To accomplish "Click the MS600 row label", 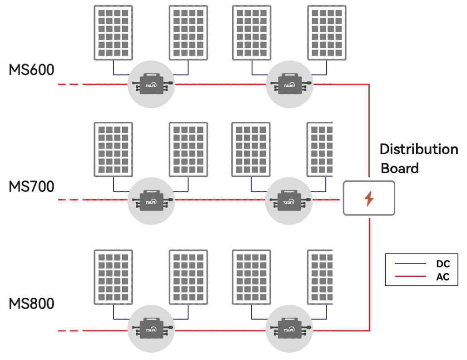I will coord(31,70).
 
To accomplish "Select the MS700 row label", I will coord(31,186).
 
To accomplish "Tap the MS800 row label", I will coord(31,303).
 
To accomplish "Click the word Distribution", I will coord(418,150).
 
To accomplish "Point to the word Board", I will coord(399,168).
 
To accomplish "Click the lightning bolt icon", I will coord(369,199).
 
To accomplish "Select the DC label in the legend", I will coord(442,264).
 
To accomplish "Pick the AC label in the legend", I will coord(442,277).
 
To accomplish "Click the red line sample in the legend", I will coord(410,276).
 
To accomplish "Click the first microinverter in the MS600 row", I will coord(151,84).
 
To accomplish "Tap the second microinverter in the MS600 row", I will coord(289,84).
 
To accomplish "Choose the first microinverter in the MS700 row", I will coord(151,200).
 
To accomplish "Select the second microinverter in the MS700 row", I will coord(289,200).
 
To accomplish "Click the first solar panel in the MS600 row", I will coord(113,33).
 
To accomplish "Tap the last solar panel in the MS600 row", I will coord(326,33).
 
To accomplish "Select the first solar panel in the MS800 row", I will coord(113,277).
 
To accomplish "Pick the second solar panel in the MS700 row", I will coord(188,150).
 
